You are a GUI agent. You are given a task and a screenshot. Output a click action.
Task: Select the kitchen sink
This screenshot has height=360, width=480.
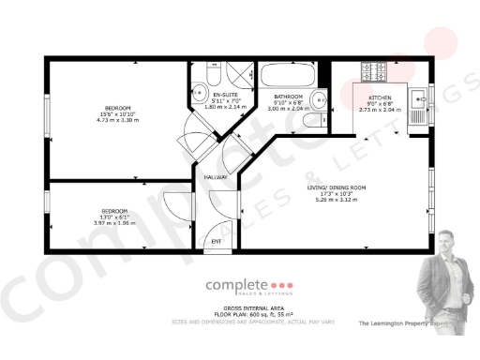point(418,95)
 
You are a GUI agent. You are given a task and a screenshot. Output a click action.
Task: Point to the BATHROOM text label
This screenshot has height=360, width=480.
point(287,97)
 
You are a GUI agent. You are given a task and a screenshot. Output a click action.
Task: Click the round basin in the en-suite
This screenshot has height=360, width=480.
point(200,92)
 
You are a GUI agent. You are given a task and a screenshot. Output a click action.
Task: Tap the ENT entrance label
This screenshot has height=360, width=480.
point(216,242)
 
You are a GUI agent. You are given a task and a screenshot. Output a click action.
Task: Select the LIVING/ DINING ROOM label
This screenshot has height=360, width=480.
point(337,187)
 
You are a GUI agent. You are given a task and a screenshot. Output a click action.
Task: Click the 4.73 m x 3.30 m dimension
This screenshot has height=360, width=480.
point(117,120)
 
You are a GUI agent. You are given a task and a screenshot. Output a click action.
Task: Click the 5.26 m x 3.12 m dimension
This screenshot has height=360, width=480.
point(337,200)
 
